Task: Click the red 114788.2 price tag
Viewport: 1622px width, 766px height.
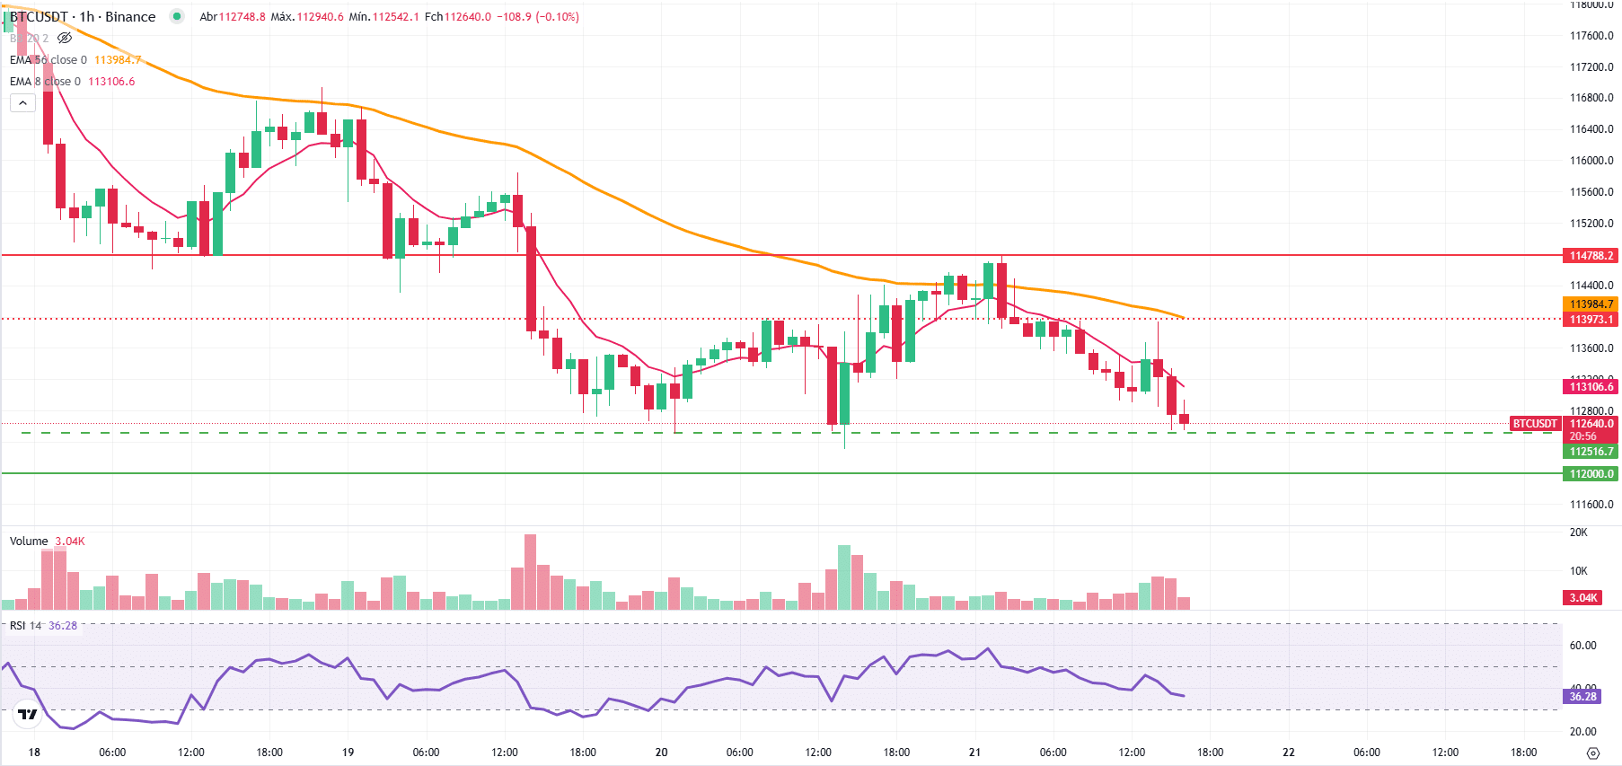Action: [x=1591, y=256]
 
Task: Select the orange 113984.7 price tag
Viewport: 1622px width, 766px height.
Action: [x=1591, y=304]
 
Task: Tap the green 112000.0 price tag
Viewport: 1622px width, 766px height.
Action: [x=1591, y=474]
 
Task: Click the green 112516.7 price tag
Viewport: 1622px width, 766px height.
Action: [x=1591, y=452]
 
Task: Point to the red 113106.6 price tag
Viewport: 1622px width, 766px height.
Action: [x=1591, y=387]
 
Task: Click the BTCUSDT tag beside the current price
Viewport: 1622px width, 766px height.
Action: [x=1535, y=424]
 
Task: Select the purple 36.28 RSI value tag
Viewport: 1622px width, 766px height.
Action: [x=1582, y=697]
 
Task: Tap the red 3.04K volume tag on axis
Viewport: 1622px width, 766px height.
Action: [x=1582, y=598]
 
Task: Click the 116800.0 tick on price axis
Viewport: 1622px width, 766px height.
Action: [x=1591, y=98]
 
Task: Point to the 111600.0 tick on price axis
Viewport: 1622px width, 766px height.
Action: [x=1591, y=505]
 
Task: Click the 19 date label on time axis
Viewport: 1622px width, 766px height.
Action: [x=348, y=753]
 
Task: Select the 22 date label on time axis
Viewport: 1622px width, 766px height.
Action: [x=1289, y=753]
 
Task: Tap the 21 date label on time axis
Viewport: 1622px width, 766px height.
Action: [x=974, y=753]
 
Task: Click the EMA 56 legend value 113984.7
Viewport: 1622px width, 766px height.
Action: [x=118, y=60]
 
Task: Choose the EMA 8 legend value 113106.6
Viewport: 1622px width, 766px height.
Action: [x=111, y=82]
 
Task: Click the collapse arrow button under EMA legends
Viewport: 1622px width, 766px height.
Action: [x=22, y=103]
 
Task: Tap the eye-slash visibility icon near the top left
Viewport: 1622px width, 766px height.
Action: [x=65, y=39]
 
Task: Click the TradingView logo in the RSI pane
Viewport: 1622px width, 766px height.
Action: [x=28, y=715]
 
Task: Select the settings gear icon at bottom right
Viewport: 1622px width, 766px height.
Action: [x=1593, y=753]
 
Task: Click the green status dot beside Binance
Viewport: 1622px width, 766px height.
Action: [x=177, y=16]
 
